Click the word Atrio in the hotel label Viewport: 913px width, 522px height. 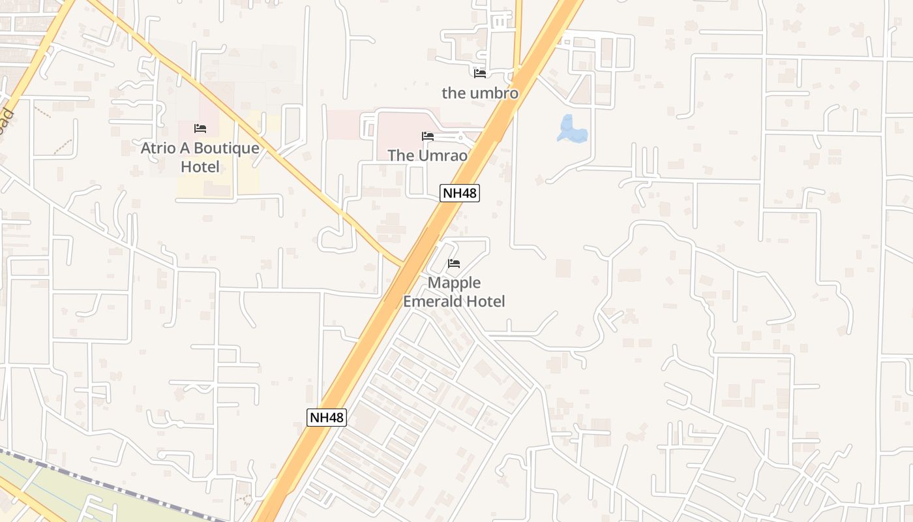pos(158,148)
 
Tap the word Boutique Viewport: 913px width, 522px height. pos(227,148)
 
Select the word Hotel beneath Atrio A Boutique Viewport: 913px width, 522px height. pos(200,167)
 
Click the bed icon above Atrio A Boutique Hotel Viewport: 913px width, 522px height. pos(200,129)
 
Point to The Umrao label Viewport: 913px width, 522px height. pos(427,155)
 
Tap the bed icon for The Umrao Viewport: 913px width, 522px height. pos(428,136)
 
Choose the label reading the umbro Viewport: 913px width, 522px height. pos(480,93)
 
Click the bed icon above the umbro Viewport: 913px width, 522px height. pos(480,73)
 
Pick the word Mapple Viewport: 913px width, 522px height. pos(454,283)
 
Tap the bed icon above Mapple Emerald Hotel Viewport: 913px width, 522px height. pos(454,264)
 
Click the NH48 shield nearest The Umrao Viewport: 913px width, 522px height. pos(460,193)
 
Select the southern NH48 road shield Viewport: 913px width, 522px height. pos(327,418)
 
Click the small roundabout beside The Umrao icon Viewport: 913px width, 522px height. pos(460,138)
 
